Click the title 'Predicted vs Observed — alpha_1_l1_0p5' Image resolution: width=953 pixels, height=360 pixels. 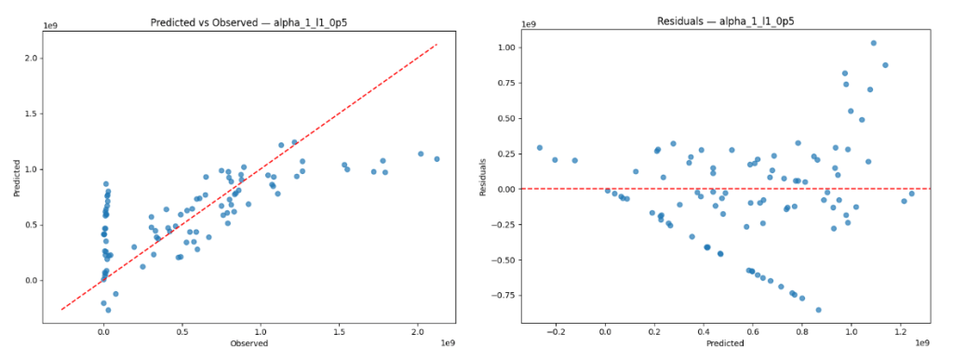(248, 20)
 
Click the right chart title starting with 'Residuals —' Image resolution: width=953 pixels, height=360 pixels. (726, 20)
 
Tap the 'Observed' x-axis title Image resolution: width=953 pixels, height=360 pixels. (249, 343)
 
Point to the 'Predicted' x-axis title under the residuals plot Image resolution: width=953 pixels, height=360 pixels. (726, 343)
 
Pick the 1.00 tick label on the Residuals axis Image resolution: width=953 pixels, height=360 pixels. (507, 47)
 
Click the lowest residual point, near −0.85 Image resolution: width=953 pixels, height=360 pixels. (818, 310)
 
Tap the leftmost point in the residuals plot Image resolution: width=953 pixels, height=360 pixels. (539, 148)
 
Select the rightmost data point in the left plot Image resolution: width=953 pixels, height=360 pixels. (436, 159)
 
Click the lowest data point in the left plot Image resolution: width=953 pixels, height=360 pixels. (108, 310)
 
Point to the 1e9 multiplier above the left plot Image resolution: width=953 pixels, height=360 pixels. (50, 25)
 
